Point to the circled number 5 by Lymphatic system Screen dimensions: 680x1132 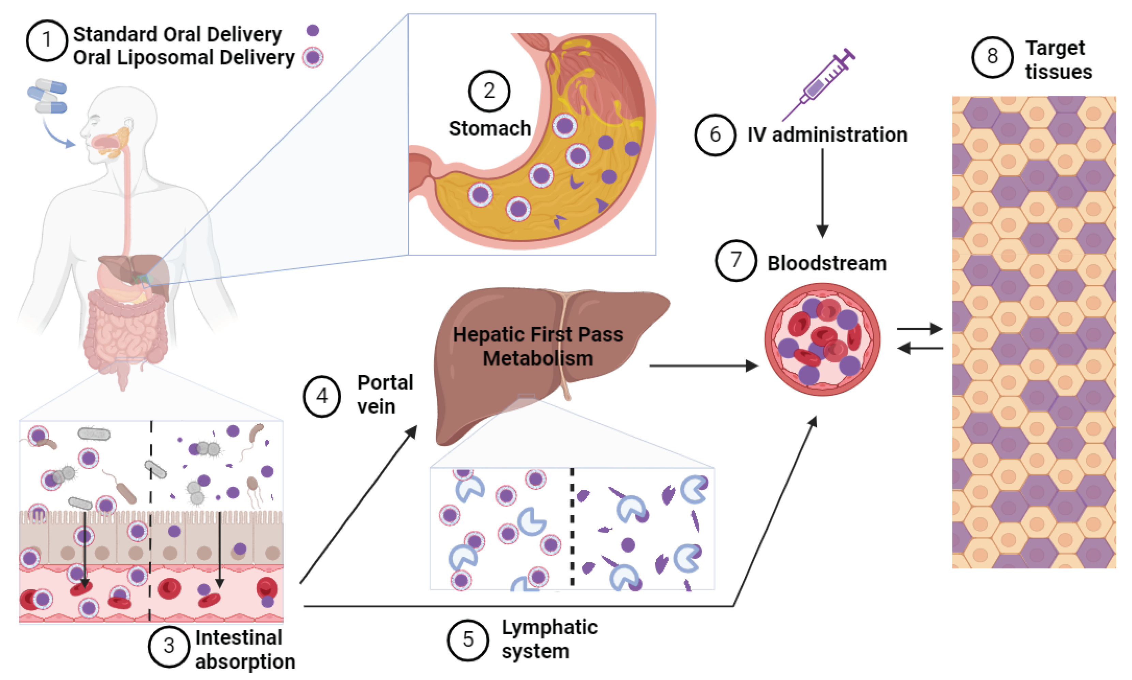pyautogui.click(x=467, y=640)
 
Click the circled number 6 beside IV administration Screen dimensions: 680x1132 pyautogui.click(x=715, y=135)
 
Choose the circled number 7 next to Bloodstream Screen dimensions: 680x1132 pyautogui.click(x=736, y=260)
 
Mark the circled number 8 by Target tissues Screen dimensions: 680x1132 pyautogui.click(x=992, y=57)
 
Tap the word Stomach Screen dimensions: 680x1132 pyautogui.click(x=489, y=128)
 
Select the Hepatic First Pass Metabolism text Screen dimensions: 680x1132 pyautogui.click(x=538, y=346)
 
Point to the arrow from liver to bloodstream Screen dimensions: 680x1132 pyautogui.click(x=703, y=366)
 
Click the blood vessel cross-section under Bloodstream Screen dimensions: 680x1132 pyautogui.click(x=822, y=339)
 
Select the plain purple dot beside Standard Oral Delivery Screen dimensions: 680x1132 pyautogui.click(x=313, y=30)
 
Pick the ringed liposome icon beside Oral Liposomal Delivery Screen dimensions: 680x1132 pyautogui.click(x=313, y=58)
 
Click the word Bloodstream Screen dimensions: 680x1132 pyautogui.click(x=827, y=263)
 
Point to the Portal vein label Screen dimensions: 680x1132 pyautogui.click(x=385, y=394)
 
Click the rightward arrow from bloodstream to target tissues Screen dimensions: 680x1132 pyautogui.click(x=919, y=329)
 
